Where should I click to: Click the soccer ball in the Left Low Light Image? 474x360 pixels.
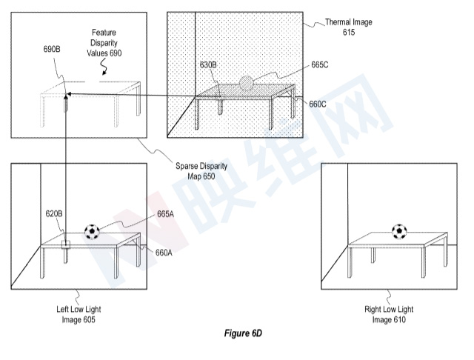(x=92, y=232)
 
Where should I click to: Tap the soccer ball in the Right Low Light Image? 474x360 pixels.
(x=399, y=232)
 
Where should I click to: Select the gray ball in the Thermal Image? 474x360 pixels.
(x=247, y=83)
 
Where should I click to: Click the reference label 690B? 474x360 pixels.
(x=52, y=49)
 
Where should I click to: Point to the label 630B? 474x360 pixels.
(x=208, y=65)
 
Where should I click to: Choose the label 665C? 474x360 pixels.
(x=320, y=65)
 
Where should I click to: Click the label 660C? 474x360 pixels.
(x=318, y=104)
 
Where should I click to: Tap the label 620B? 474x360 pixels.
(x=54, y=213)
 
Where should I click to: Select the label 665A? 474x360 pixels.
(x=165, y=214)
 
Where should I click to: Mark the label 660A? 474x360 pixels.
(x=164, y=253)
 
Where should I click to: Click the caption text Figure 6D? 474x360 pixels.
(x=243, y=333)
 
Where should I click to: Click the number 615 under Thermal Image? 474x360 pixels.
(x=349, y=33)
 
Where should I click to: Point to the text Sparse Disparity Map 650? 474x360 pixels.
(x=201, y=171)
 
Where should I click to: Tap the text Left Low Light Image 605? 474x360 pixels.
(x=79, y=314)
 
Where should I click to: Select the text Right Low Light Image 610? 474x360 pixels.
(x=389, y=314)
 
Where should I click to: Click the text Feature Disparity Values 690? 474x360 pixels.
(x=104, y=43)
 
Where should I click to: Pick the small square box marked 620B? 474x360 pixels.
(x=66, y=244)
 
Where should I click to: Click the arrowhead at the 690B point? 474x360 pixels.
(x=67, y=94)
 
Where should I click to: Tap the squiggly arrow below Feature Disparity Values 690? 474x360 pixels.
(x=104, y=67)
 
